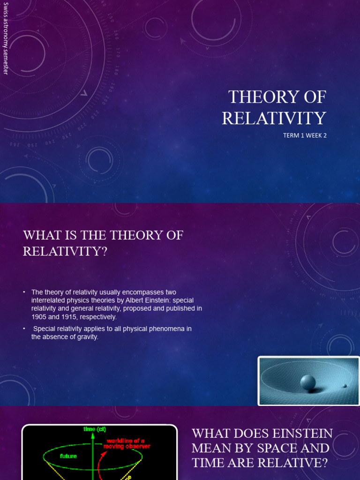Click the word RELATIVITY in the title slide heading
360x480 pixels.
point(274,118)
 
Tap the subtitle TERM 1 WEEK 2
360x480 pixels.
point(304,135)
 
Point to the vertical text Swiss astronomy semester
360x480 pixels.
point(6,38)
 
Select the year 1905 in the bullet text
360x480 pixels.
point(40,317)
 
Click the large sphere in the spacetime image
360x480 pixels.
point(308,382)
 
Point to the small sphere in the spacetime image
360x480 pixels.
point(345,386)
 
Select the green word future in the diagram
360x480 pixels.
point(68,456)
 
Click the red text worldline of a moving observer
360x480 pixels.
point(128,443)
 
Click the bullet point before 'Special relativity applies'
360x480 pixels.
point(24,329)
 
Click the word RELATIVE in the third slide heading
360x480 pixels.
point(272,462)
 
